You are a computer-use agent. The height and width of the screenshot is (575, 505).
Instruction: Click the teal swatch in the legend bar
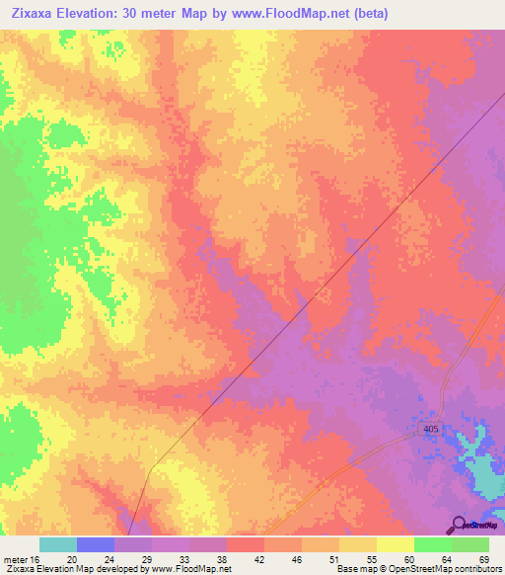[x=58, y=544]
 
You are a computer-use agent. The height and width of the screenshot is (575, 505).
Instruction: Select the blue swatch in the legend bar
[x=96, y=544]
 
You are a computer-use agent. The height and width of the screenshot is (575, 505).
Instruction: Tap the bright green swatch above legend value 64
[x=433, y=544]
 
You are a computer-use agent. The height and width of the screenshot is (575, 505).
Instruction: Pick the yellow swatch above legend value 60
[x=396, y=544]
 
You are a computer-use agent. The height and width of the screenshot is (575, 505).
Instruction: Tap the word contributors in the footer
[x=471, y=569]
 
